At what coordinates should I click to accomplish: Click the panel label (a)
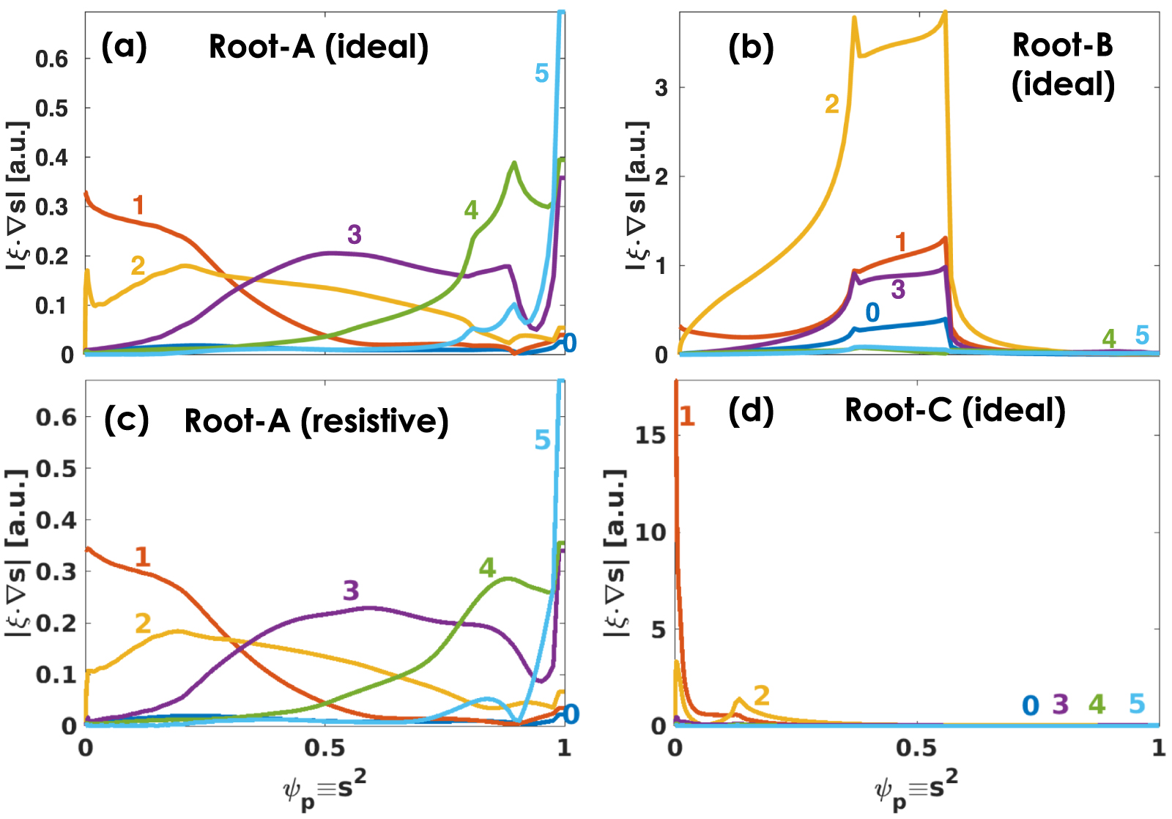(x=124, y=47)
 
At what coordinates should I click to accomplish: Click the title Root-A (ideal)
(x=319, y=47)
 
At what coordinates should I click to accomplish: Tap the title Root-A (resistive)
(x=316, y=420)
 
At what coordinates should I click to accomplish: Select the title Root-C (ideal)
(x=955, y=409)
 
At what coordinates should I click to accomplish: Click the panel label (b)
(x=751, y=47)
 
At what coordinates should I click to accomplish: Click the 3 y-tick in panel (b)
(x=661, y=88)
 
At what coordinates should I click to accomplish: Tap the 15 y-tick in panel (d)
(x=650, y=435)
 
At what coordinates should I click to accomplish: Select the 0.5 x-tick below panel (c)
(x=324, y=748)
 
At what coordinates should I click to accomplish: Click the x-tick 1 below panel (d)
(x=1157, y=748)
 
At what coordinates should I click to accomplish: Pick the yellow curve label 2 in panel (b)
(x=831, y=105)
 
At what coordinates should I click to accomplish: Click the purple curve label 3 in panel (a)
(x=355, y=234)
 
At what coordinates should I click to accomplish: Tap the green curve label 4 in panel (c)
(x=487, y=568)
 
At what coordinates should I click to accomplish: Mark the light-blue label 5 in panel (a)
(x=541, y=73)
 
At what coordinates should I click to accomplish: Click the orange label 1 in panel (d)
(x=686, y=416)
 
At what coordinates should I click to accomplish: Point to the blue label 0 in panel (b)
(x=872, y=313)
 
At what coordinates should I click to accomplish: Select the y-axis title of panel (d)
(x=615, y=553)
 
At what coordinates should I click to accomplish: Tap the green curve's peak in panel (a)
(x=514, y=163)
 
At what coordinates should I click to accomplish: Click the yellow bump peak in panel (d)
(x=738, y=699)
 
